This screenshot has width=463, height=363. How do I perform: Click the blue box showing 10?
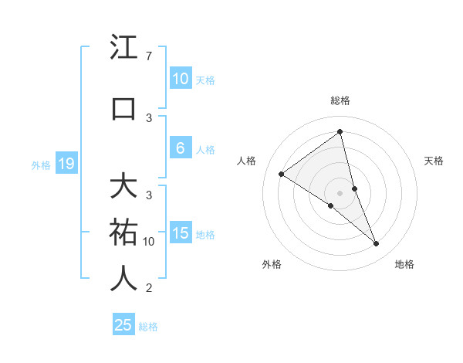coord(180,79)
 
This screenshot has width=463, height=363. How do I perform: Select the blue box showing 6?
coord(180,148)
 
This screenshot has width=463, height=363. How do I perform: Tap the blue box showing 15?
coord(180,233)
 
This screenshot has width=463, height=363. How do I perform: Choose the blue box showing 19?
coord(66,164)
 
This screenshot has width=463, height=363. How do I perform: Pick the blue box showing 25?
coord(123,325)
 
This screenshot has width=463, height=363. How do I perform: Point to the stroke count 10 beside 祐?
coord(149,242)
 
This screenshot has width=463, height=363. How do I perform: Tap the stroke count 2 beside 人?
coord(148,288)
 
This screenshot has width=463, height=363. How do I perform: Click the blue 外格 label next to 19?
coord(40,165)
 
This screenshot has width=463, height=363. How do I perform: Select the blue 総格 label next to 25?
coord(148,327)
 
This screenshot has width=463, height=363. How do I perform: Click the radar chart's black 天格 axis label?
coord(434,161)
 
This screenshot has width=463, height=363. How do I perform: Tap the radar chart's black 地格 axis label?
coord(404,264)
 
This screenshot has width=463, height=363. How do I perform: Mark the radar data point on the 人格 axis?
coord(281,174)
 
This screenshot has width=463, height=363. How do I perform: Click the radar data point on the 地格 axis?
coord(377,243)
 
